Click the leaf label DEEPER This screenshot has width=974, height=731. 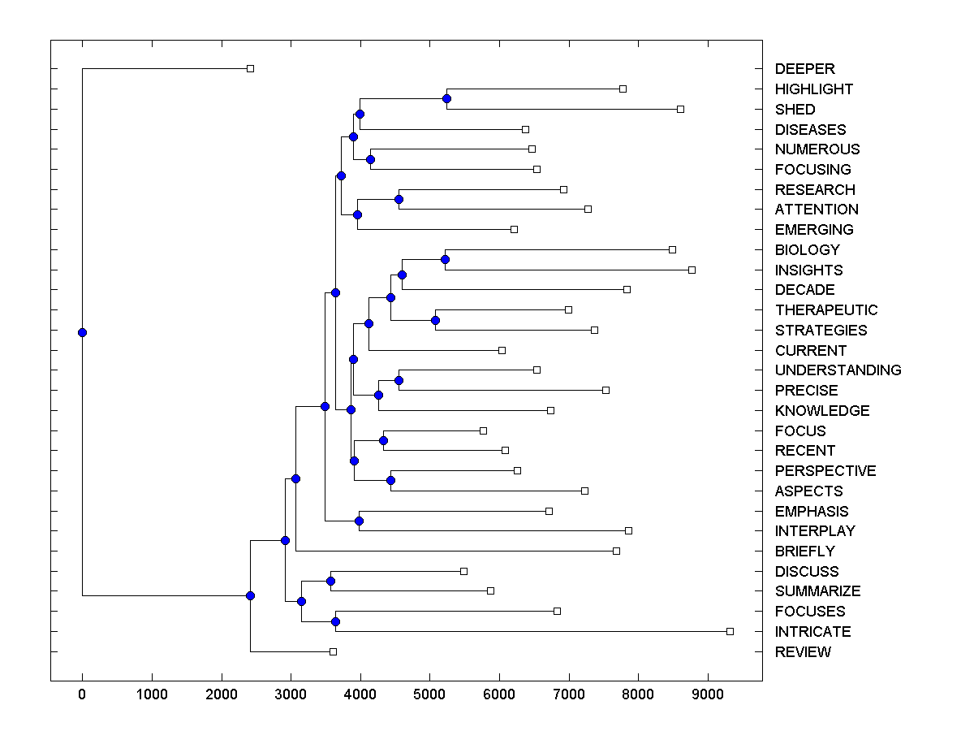[804, 69]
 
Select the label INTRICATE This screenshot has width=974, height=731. [812, 632]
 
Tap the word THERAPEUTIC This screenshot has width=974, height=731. [826, 310]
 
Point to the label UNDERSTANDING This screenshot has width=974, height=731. [838, 370]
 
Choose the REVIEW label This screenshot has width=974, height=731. [803, 652]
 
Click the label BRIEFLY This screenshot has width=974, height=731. [804, 551]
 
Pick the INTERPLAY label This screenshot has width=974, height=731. [815, 531]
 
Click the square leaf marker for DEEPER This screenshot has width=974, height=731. [250, 68]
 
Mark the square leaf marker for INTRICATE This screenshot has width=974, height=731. [730, 631]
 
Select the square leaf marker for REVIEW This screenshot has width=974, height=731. [333, 651]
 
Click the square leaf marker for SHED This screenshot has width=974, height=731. [680, 109]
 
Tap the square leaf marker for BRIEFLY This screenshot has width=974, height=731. [616, 551]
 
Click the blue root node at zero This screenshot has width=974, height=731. [82, 332]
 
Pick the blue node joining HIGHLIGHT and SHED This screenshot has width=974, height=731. [446, 98]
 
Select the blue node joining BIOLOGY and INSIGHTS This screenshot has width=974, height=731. [445, 260]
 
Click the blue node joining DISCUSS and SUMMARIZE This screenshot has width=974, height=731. [330, 581]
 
